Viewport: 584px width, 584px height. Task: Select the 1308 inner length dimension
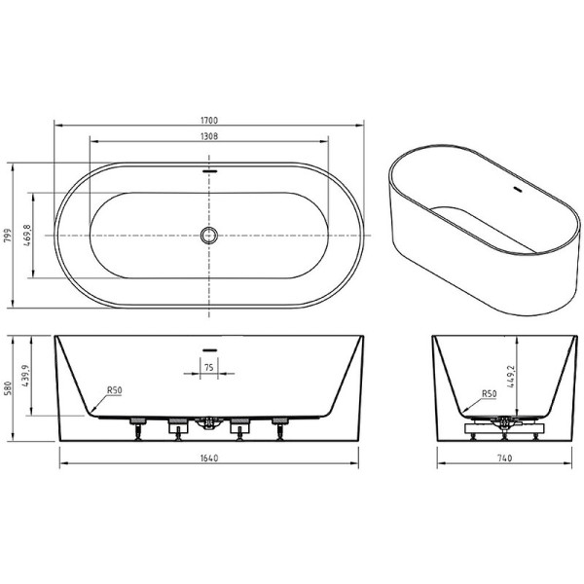pyautogui.click(x=208, y=136)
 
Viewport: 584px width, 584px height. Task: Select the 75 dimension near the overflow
pyautogui.click(x=209, y=367)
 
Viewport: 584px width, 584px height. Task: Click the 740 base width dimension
pyautogui.click(x=499, y=457)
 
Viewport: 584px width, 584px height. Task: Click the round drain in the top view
pyautogui.click(x=208, y=235)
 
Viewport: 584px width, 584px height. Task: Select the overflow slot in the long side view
pyautogui.click(x=208, y=347)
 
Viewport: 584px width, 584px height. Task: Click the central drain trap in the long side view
pyautogui.click(x=207, y=423)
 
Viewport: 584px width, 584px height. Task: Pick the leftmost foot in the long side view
pyautogui.click(x=136, y=425)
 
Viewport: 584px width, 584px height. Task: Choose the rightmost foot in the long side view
pyautogui.click(x=280, y=425)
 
